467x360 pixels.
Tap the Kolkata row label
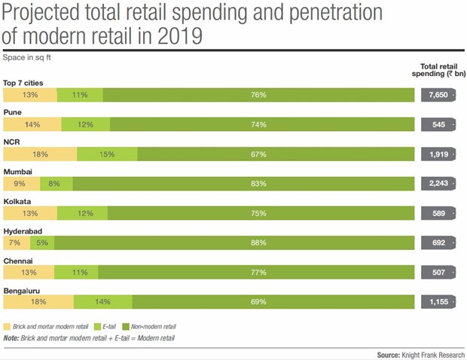pos(18,202)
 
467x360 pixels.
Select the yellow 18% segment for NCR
pos(40,154)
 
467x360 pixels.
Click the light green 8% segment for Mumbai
pos(55,184)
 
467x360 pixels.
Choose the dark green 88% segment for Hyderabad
pos(234,243)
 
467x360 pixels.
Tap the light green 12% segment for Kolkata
pos(84,213)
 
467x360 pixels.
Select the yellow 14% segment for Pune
pos(32,125)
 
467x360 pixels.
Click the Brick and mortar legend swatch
pos(8,326)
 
